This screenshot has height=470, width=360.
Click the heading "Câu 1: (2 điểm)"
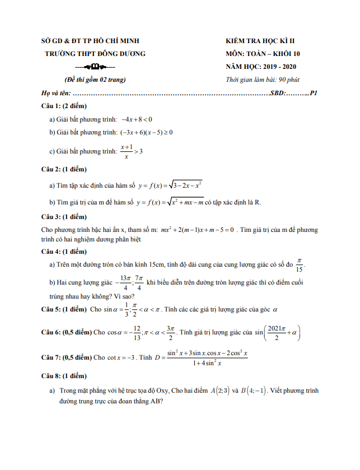coord(64,105)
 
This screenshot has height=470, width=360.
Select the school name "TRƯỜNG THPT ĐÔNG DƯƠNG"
coord(95,54)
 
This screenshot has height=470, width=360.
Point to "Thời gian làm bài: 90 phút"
coord(263,80)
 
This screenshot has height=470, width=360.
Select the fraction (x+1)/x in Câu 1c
coord(126,151)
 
